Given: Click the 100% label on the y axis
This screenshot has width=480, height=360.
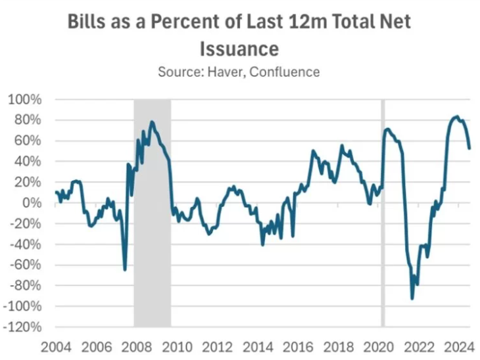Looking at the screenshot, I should coord(24,99).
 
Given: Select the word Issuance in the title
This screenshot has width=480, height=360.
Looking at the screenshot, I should coord(239,49).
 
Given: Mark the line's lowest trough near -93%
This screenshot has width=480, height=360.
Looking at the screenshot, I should coord(412,299).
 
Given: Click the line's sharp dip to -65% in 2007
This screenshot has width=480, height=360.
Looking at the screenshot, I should coord(124,269).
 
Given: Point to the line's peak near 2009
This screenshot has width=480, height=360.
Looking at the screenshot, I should coord(152,122).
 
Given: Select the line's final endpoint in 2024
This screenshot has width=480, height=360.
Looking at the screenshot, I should coord(469,148).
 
